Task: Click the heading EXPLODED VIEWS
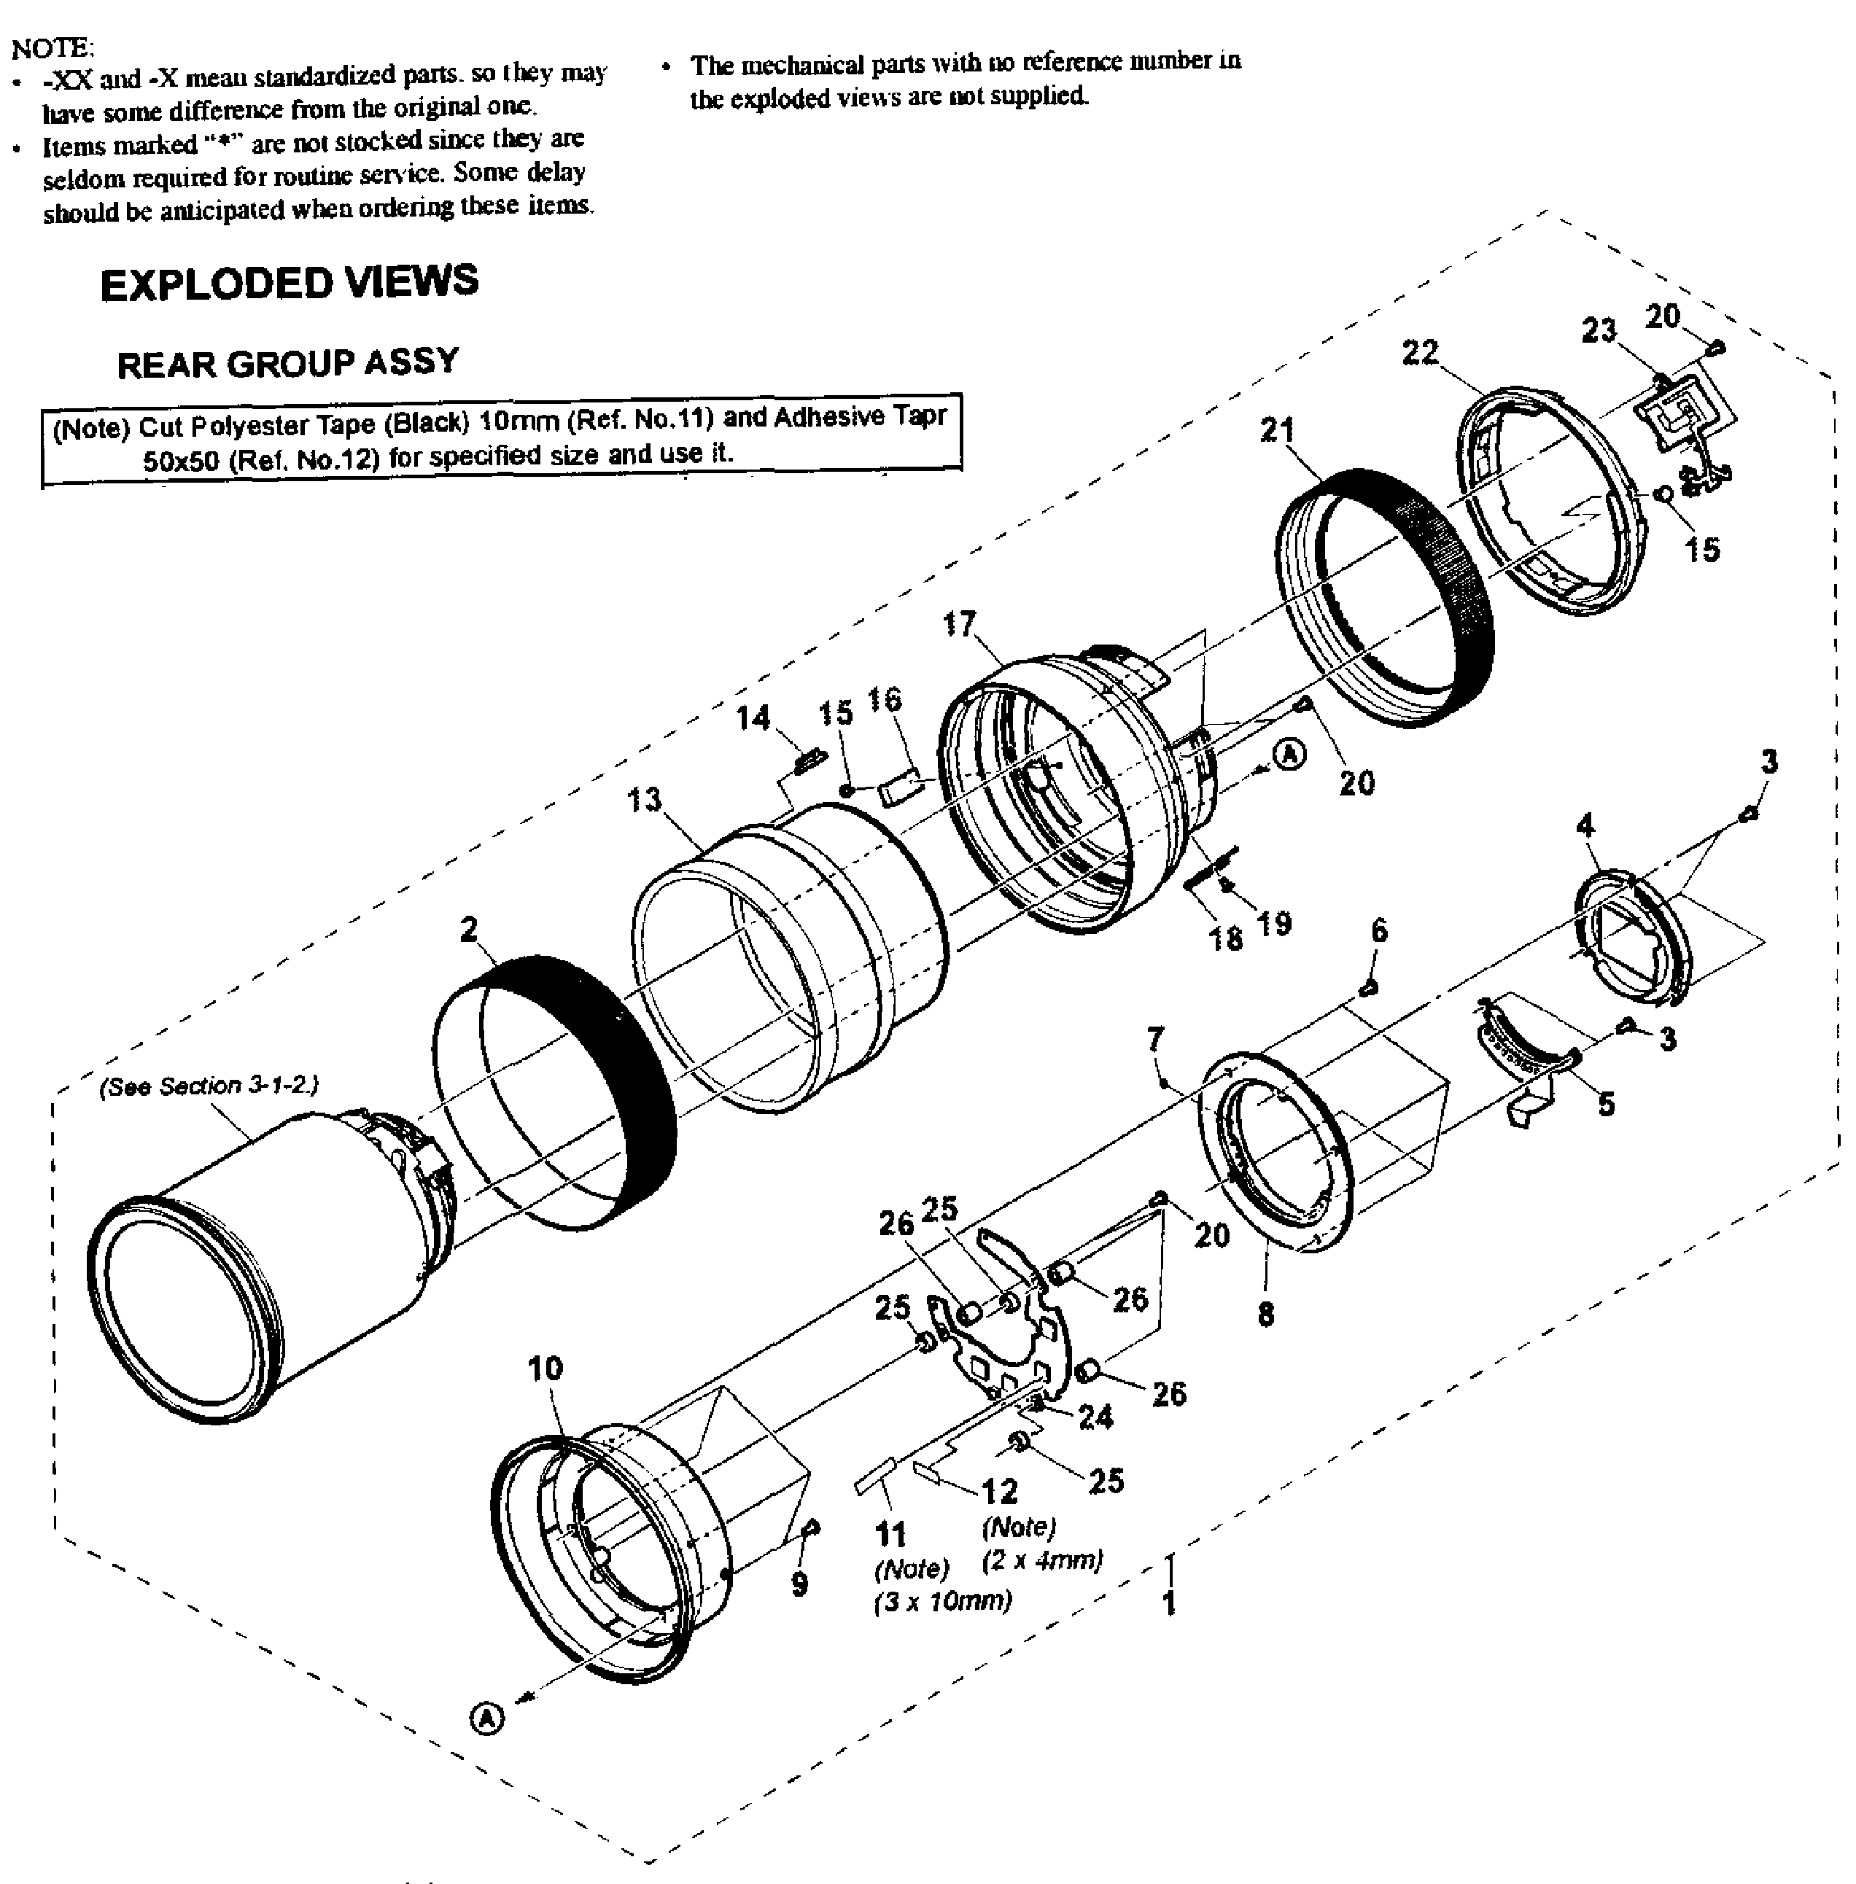[290, 283]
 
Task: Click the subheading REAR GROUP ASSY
[287, 362]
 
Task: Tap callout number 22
[1421, 352]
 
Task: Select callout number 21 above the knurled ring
[1277, 430]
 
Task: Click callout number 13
[645, 800]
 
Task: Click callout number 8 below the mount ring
[1265, 1315]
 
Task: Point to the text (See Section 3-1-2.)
[209, 1086]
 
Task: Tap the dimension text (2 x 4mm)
[1042, 1560]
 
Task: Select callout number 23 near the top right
[1599, 330]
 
